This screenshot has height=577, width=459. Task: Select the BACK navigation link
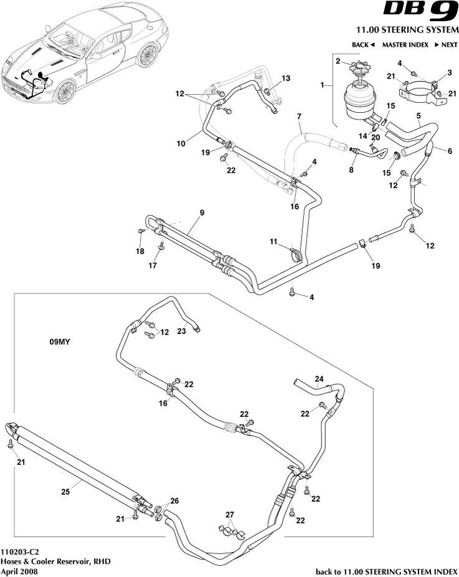pyautogui.click(x=363, y=45)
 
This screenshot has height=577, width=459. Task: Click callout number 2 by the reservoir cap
pyautogui.click(x=338, y=61)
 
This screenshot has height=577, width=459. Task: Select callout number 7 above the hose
pyautogui.click(x=299, y=117)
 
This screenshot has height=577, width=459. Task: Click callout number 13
pyautogui.click(x=286, y=78)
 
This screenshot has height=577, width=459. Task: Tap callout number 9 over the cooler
pyautogui.click(x=201, y=213)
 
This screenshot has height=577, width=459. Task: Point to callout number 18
pyautogui.click(x=140, y=251)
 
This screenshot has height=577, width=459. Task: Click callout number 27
pyautogui.click(x=230, y=514)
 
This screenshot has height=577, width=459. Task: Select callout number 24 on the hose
pyautogui.click(x=319, y=378)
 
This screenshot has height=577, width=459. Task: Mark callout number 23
pyautogui.click(x=181, y=331)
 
